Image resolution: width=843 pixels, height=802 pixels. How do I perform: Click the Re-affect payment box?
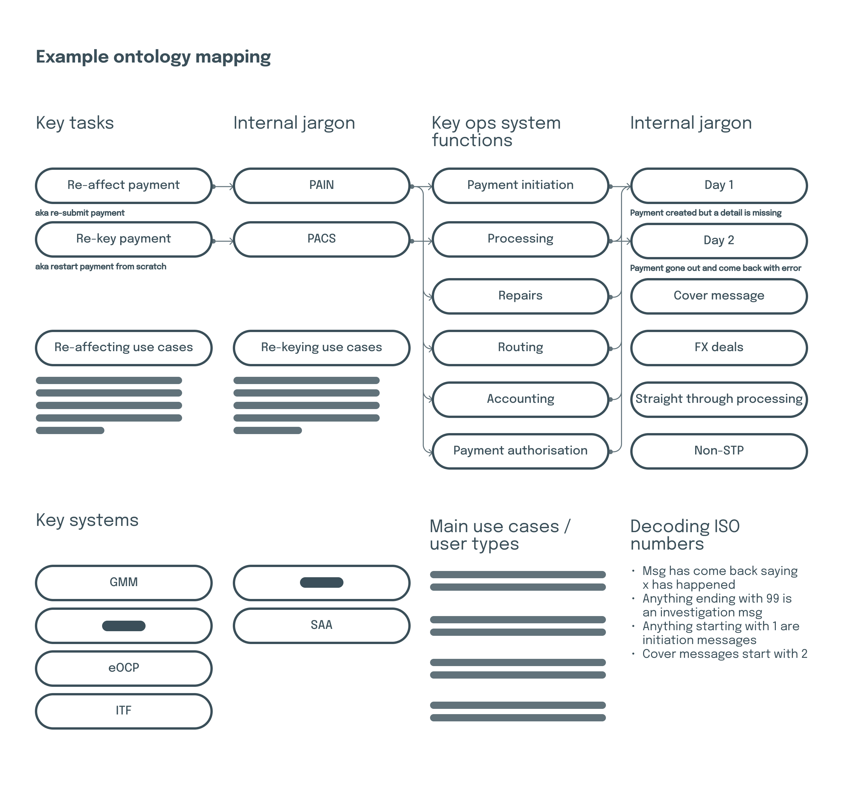[123, 186]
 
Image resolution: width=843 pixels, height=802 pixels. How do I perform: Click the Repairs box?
[520, 296]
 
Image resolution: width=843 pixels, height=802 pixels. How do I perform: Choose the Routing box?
[520, 348]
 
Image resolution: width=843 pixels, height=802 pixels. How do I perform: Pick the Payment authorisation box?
[520, 451]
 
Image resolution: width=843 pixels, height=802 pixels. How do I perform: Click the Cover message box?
[719, 296]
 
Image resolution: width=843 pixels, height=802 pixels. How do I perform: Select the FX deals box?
[719, 348]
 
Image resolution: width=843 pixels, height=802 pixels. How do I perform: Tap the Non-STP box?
[719, 451]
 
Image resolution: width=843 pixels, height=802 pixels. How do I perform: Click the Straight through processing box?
[719, 399]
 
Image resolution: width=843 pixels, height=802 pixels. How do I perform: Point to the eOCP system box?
[123, 668]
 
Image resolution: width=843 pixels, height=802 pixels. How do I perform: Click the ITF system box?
[123, 711]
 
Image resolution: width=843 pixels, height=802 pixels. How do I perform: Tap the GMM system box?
[123, 583]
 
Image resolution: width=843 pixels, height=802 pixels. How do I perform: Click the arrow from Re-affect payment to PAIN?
[223, 186]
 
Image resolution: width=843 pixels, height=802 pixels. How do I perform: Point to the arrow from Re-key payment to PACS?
[223, 241]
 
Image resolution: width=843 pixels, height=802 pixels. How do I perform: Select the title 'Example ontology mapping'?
[153, 57]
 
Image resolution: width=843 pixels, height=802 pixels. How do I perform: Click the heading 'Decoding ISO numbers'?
[685, 535]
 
